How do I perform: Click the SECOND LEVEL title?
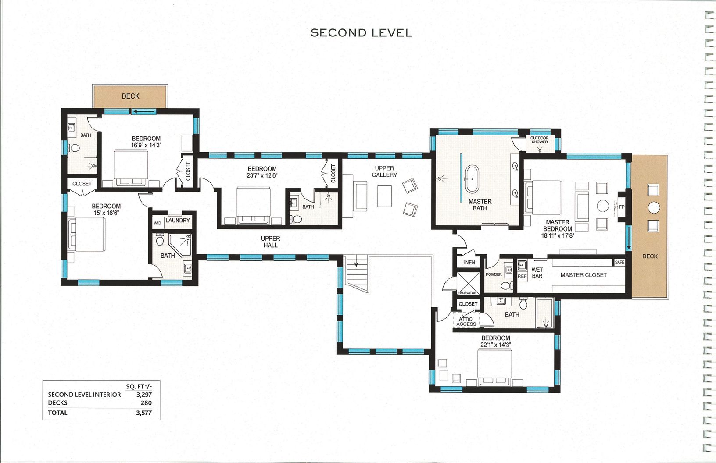pos(361,33)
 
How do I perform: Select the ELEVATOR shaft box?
pos(468,283)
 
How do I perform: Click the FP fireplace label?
pos(621,207)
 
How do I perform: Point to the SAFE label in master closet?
pos(619,262)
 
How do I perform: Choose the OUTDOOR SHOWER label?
pos(540,140)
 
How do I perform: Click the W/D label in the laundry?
pos(157,223)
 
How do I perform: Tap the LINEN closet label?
pos(468,262)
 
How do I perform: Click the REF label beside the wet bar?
pos(522,276)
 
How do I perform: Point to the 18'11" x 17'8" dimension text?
pos(558,236)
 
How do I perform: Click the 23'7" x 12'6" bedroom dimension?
pos(262,175)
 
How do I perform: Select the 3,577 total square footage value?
pos(144,413)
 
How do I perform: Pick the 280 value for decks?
pos(146,403)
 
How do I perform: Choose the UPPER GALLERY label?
pos(384,171)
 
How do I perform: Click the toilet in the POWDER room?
pos(505,285)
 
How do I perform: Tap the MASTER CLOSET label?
pos(584,275)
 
